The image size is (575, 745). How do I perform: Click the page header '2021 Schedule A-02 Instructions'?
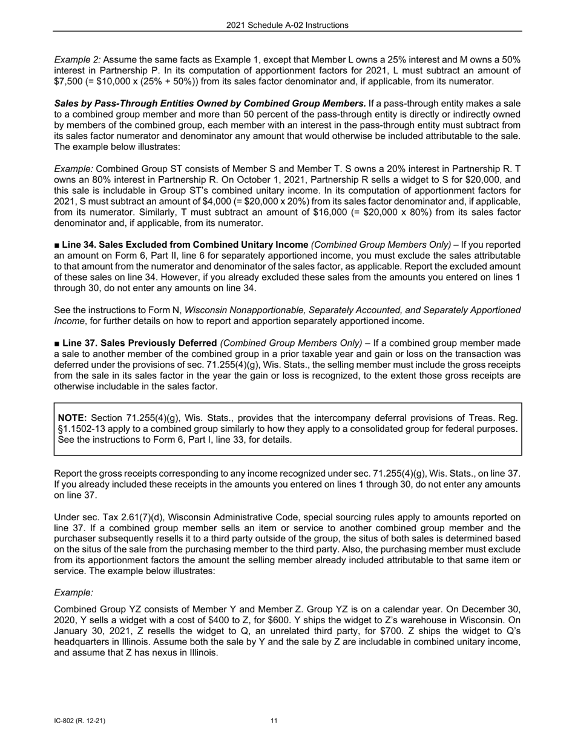287,25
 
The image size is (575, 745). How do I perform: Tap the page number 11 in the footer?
274,721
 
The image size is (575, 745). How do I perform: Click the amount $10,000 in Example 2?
115,82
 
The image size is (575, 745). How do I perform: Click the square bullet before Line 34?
57,245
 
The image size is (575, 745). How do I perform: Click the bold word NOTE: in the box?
72,418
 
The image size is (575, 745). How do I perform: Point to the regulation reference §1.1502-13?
84,429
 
